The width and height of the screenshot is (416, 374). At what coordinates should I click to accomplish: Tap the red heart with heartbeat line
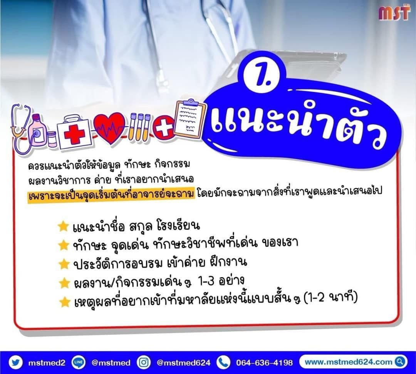(110, 128)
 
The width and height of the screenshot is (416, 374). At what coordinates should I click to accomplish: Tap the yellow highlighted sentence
(111, 195)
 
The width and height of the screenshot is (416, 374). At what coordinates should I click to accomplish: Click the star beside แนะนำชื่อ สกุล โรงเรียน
(63, 226)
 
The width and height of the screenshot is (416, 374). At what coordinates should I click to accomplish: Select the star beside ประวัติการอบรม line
(64, 264)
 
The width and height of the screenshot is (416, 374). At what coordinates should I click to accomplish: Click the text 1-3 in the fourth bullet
(206, 281)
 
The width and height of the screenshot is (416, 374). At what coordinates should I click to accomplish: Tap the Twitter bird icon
(15, 362)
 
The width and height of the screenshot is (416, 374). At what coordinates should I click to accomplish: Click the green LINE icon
(79, 362)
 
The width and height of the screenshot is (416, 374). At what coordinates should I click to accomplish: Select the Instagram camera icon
(144, 362)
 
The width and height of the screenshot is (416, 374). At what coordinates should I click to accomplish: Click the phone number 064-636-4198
(264, 362)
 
